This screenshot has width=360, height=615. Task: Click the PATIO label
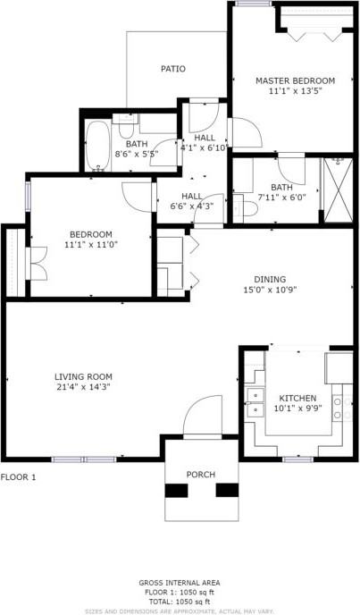pos(173,69)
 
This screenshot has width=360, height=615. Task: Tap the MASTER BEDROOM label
pos(283,80)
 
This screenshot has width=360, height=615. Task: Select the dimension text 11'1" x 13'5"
pos(283,90)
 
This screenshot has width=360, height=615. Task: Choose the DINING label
pos(270,279)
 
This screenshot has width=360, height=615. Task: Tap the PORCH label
pos(200,474)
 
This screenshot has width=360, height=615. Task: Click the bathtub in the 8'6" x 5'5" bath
pos(97,147)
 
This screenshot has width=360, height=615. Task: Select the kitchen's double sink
pos(255,403)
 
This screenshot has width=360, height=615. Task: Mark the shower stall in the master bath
pos(337,190)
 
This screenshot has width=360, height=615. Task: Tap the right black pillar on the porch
pos(227,489)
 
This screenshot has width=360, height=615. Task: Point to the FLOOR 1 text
pos(19,477)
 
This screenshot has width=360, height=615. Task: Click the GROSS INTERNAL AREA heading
pos(180,583)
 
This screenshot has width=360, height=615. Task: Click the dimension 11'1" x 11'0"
pos(91,244)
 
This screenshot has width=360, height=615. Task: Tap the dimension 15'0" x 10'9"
pos(270,290)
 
